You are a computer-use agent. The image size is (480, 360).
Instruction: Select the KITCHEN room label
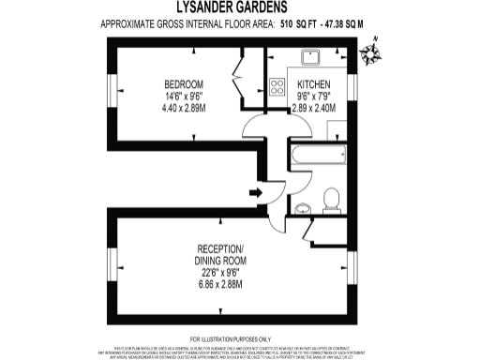(313, 82)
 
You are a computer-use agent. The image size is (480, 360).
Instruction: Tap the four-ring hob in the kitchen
(278, 88)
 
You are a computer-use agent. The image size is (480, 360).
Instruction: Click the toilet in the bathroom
(329, 198)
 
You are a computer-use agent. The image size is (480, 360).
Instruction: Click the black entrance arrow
(256, 193)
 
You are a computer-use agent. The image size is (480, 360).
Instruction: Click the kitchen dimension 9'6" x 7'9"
(313, 96)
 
